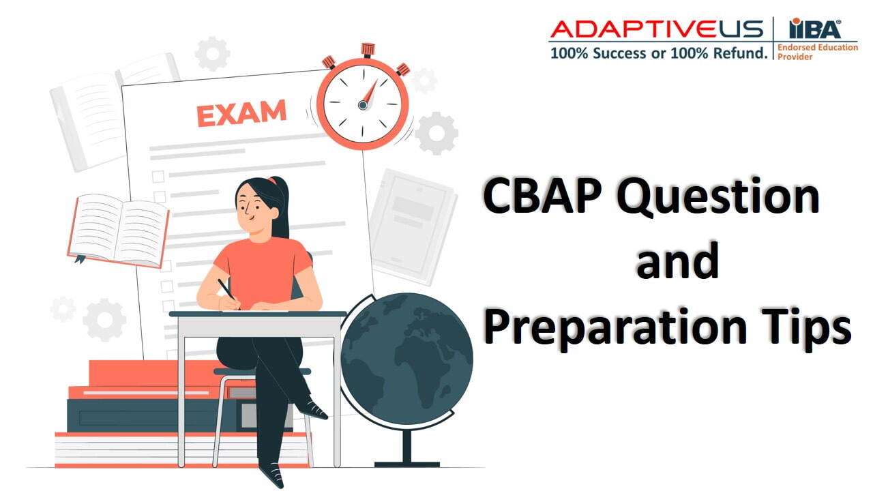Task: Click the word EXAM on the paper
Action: [241, 113]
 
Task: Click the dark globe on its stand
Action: [406, 359]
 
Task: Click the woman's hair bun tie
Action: [275, 181]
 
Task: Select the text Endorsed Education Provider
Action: [817, 52]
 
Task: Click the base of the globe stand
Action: [406, 464]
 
